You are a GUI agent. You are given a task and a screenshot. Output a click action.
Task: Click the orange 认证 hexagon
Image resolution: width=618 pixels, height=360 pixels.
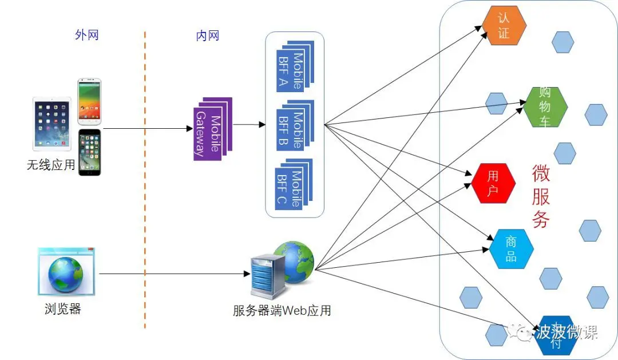point(504,26)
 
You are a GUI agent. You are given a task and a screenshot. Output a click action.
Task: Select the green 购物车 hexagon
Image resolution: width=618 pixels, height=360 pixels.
point(545,107)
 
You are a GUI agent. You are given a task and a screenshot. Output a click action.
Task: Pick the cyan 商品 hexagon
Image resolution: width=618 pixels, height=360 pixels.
point(511,249)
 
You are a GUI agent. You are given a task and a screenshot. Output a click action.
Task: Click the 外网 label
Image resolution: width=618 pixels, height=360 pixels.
point(87,35)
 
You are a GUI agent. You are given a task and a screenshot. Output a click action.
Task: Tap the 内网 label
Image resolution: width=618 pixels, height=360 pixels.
point(208,35)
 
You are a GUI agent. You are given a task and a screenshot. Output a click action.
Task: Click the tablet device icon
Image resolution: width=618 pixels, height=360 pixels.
point(52,122)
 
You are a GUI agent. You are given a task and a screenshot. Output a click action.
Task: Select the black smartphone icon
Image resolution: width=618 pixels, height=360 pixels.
point(89,151)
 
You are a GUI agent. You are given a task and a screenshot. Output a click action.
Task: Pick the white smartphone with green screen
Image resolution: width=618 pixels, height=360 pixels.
point(89,102)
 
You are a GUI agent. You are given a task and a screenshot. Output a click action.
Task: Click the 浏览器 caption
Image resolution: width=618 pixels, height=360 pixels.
point(63,310)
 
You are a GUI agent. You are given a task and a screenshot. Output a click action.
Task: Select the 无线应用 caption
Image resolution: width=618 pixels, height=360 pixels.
point(51,165)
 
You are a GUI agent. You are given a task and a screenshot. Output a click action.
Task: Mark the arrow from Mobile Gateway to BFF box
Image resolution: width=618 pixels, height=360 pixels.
point(249,124)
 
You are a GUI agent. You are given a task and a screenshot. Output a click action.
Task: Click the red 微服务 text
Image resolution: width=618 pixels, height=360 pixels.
point(541,196)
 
